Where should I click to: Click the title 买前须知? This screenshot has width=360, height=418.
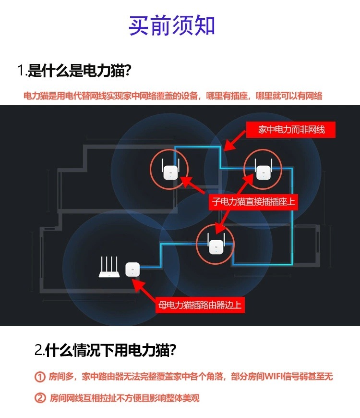point(171,25)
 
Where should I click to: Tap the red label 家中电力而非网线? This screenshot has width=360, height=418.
point(291,130)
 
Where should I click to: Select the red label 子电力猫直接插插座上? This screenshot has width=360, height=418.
point(253,202)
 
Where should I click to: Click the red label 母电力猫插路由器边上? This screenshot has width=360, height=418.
point(200,305)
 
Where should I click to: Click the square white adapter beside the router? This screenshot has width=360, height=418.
point(132,269)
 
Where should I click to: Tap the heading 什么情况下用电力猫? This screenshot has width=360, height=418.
point(111,350)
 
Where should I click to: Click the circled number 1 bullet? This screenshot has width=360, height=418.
point(40,377)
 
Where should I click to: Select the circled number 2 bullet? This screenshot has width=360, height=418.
point(40,398)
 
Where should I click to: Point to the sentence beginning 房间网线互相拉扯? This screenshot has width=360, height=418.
point(124,398)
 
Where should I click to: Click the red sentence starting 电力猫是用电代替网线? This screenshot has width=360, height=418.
point(173,96)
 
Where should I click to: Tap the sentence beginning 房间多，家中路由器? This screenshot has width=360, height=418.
point(191,377)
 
